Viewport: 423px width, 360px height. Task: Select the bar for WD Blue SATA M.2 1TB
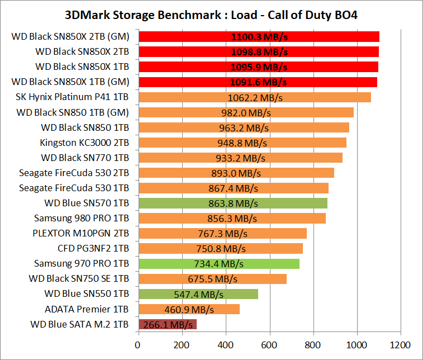coord(167,324)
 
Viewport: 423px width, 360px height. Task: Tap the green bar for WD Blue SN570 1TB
coord(232,203)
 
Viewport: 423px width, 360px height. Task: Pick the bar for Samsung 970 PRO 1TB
coord(218,263)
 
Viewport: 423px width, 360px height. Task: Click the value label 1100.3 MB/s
coord(259,37)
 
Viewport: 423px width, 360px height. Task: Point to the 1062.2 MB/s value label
coord(255,97)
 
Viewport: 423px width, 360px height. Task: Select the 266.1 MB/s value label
coord(168,324)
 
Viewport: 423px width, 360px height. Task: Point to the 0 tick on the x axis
coord(139,345)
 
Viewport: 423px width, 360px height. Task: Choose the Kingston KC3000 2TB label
coord(84,143)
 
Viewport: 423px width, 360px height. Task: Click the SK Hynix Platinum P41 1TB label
coord(73,97)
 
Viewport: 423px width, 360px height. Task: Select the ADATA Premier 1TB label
coord(87,309)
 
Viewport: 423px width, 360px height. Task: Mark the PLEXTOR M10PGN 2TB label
coord(82,233)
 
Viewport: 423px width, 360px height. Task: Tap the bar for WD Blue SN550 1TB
coord(198,294)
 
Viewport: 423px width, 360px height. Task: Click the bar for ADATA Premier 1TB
coord(189,309)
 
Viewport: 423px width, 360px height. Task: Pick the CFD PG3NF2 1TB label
coord(93,248)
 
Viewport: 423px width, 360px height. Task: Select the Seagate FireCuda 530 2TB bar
coord(236,173)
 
